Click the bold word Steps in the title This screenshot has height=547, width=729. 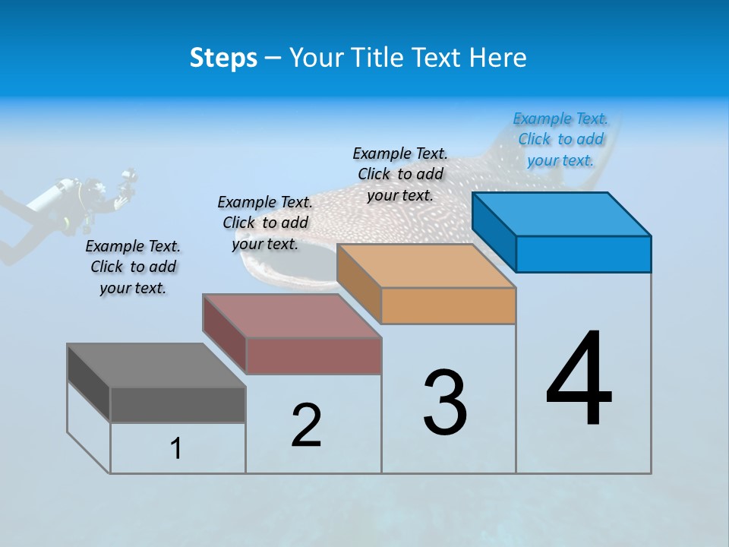[223, 58]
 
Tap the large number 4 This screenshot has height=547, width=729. [579, 380]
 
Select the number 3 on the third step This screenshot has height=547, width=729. [445, 403]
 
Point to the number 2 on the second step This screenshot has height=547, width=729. [306, 425]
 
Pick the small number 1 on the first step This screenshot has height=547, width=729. [176, 449]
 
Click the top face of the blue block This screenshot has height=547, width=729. [562, 214]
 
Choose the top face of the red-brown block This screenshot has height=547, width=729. [292, 316]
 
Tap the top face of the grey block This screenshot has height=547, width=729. [156, 365]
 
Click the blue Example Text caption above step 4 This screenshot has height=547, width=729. [560, 139]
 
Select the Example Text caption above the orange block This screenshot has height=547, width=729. [400, 174]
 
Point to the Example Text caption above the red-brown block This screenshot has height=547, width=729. [265, 223]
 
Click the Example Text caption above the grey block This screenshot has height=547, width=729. [133, 267]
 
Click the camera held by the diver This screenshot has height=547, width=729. [128, 182]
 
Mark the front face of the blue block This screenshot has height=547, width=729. [583, 254]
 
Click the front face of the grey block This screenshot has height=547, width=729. [178, 404]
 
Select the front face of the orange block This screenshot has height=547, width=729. [448, 305]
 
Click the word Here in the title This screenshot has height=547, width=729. [498, 58]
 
